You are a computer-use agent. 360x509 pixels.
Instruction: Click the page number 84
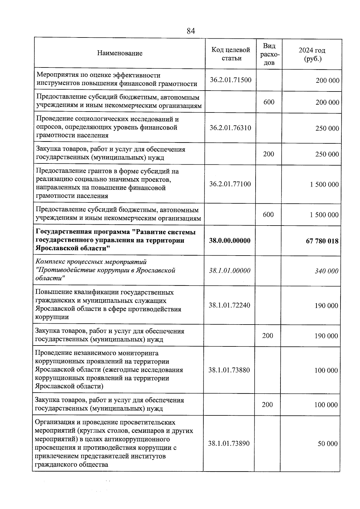(x=191, y=31)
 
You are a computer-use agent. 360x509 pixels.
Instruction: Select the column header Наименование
(x=120, y=53)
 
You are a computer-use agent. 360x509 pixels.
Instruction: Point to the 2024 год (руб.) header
(x=312, y=55)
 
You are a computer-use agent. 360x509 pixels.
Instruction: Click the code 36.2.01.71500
(x=230, y=80)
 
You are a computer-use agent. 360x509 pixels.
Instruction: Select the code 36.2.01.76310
(x=230, y=128)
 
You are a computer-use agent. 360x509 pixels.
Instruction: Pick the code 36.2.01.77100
(x=230, y=184)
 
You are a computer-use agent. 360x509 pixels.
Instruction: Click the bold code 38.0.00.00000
(x=229, y=241)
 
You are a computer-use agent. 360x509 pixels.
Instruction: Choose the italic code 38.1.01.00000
(x=229, y=271)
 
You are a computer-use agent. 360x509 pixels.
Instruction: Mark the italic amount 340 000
(x=326, y=271)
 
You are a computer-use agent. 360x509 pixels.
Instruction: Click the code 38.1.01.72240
(x=229, y=305)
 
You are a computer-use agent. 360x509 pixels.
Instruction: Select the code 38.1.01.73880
(x=229, y=370)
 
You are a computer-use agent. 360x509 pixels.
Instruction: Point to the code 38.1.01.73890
(x=229, y=443)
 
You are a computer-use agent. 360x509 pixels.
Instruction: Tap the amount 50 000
(x=328, y=444)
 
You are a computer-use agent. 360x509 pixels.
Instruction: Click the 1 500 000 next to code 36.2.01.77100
(x=324, y=184)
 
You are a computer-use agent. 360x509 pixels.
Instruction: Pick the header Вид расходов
(x=269, y=54)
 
